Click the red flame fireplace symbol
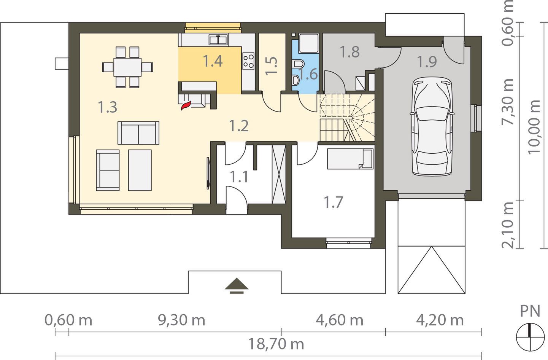click(186, 105)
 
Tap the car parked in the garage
click(432, 126)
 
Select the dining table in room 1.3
click(127, 67)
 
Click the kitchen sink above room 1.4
click(218, 40)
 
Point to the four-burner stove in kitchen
click(248, 61)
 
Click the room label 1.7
click(333, 202)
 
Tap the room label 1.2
click(239, 126)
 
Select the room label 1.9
click(427, 62)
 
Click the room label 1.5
click(271, 65)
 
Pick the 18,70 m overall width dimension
click(276, 344)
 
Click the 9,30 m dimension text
click(181, 320)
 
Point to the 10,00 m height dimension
click(534, 127)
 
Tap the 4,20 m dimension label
click(440, 320)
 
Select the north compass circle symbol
click(530, 337)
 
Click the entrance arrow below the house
click(237, 285)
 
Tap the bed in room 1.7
click(350, 159)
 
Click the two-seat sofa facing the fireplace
click(138, 133)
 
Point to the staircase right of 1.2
click(347, 118)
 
